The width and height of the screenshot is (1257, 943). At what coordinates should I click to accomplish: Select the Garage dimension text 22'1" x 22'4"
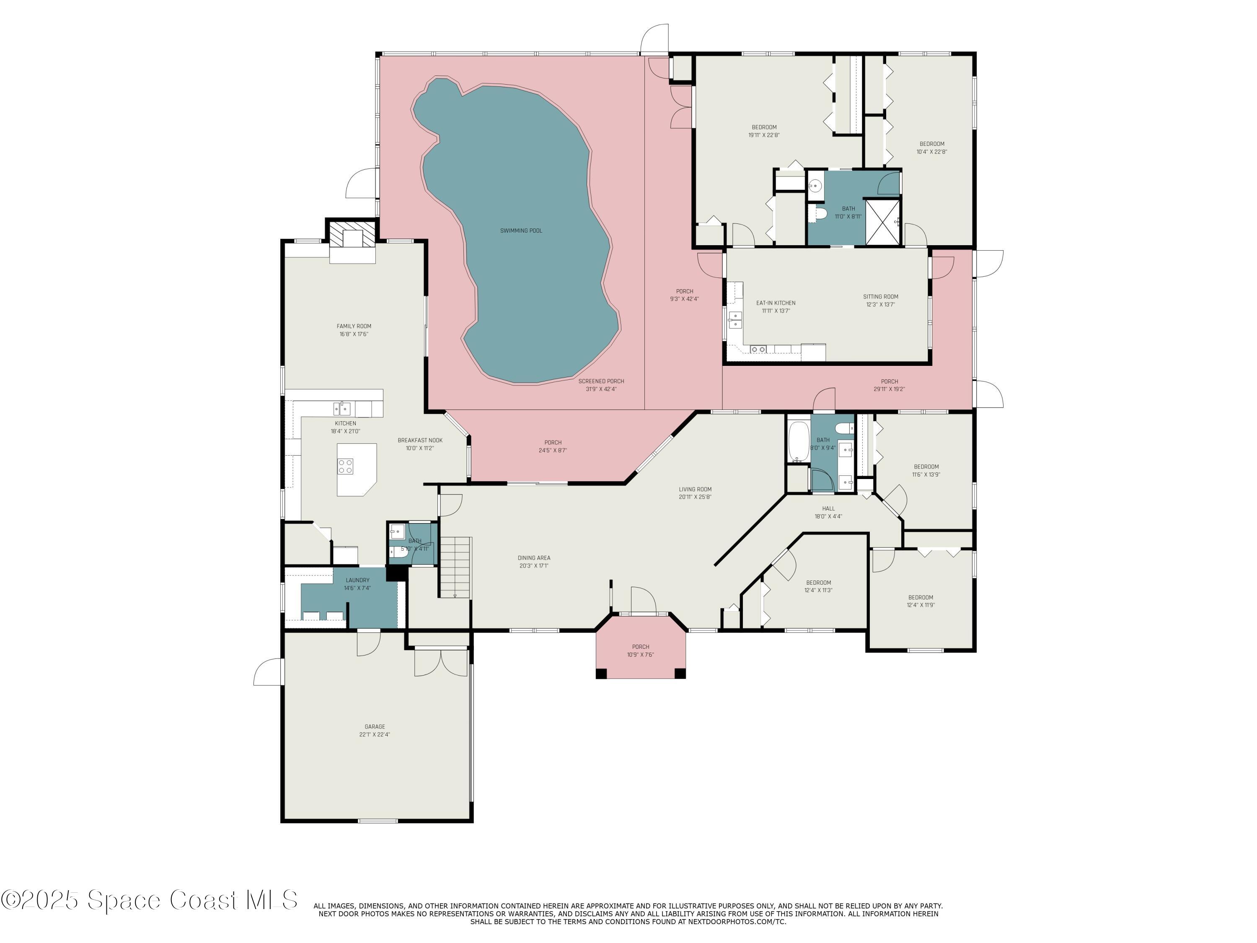375,734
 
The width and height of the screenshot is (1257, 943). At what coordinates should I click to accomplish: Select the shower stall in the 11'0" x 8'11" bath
882,222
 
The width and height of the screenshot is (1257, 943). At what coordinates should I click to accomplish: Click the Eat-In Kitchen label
775,303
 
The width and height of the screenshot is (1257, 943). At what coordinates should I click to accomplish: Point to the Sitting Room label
880,297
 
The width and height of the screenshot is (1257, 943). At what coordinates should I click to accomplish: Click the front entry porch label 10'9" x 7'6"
640,655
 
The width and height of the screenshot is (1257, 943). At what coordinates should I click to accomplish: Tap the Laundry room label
357,580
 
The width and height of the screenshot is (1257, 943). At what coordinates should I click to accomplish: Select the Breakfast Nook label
420,440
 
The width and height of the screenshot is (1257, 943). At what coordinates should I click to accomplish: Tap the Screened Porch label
601,381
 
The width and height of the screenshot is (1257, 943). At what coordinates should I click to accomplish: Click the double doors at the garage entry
441,663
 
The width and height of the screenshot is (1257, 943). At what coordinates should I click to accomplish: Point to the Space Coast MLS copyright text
149,900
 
